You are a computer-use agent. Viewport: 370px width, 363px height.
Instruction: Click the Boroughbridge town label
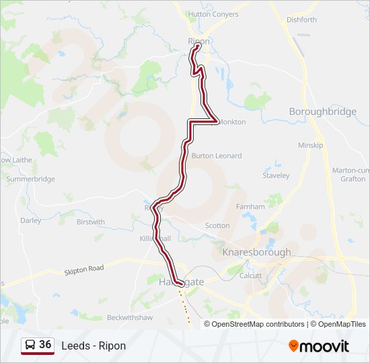(322, 112)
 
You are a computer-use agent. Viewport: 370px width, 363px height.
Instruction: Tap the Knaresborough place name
(256, 253)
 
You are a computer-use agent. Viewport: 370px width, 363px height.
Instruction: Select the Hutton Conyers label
(213, 14)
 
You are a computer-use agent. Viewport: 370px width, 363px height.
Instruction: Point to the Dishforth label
(301, 19)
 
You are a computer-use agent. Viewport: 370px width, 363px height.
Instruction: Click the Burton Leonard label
(217, 156)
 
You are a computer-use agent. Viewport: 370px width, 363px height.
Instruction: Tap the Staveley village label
(276, 175)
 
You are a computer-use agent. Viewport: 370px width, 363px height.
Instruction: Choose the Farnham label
(250, 206)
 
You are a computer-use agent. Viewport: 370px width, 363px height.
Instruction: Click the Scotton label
(217, 226)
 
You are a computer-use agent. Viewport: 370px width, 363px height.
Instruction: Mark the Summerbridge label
(30, 179)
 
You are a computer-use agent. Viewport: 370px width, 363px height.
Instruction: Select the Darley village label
(30, 220)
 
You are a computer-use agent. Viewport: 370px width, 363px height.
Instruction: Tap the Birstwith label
(91, 222)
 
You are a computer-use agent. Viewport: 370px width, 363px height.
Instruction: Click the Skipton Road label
(84, 269)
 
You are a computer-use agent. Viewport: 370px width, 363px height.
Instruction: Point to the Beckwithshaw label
(130, 317)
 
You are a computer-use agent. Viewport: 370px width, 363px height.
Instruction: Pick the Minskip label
(311, 145)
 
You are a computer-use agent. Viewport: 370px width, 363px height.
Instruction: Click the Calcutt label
(250, 275)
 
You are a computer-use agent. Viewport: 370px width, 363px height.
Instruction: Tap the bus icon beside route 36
(30, 345)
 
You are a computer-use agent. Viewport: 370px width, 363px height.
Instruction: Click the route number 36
(45, 344)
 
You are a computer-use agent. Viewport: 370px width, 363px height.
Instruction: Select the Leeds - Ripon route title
(94, 346)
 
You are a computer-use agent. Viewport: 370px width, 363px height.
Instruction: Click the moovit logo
(319, 346)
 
